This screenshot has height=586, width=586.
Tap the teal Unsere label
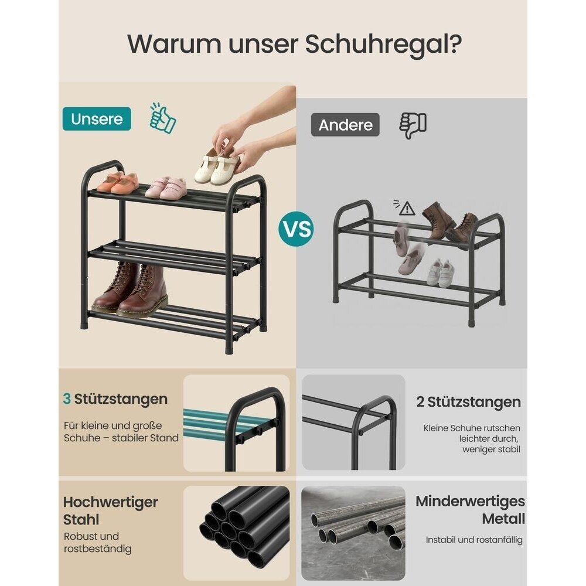[x=97, y=119]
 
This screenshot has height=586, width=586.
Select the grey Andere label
[x=345, y=125]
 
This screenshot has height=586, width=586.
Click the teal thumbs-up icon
[x=162, y=118]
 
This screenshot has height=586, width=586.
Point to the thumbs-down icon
[x=413, y=125]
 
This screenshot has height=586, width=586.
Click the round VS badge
[x=296, y=229]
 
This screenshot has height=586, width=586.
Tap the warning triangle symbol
[x=407, y=209]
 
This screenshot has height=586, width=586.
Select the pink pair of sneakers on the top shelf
[x=166, y=188]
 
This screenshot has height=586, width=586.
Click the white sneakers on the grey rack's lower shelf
[x=441, y=273]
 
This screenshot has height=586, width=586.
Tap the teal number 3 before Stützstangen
[x=67, y=398]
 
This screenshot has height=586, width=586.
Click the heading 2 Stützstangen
[x=469, y=402]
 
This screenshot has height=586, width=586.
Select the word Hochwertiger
[x=111, y=502]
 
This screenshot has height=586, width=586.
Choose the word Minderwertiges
[x=471, y=501]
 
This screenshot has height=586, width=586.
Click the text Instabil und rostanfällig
[x=474, y=540]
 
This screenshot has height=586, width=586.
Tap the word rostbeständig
[x=97, y=549]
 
